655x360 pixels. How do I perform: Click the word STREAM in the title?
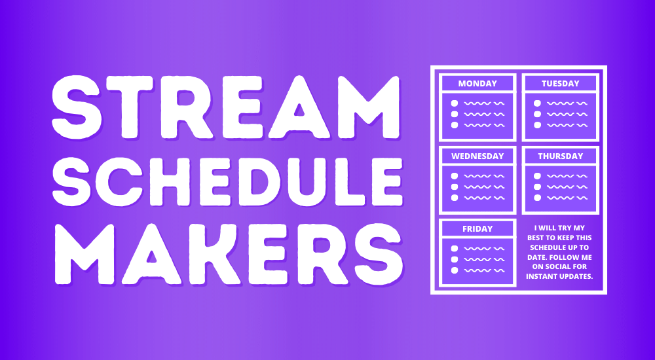pos(226,107)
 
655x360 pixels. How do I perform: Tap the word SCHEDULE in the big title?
pos(228,181)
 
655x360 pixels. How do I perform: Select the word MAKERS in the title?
pos(229,254)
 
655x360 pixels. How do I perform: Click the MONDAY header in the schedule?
pos(477,84)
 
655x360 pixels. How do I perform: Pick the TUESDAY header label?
pos(560,84)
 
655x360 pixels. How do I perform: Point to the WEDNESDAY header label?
pos(477,156)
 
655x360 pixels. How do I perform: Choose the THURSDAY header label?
pos(560,156)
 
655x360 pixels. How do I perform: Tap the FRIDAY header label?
pos(477,229)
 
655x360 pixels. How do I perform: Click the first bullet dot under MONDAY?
pos(455,103)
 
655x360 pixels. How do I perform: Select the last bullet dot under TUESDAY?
pos(537,125)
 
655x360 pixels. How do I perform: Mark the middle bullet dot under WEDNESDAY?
pos(455,187)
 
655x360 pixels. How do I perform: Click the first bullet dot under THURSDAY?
pos(537,176)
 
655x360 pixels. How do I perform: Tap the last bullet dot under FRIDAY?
pos(455,270)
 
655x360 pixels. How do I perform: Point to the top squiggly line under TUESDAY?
pos(567,103)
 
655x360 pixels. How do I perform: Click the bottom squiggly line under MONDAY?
pos(485,125)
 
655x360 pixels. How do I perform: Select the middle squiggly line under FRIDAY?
pos(485,259)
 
